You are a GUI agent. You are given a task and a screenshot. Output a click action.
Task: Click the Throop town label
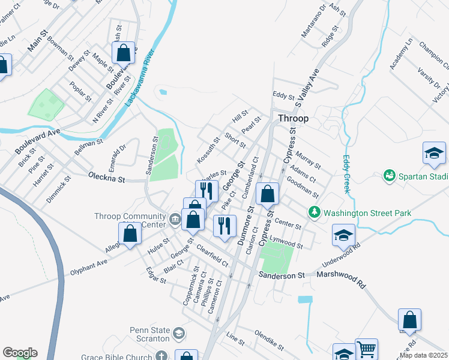[293, 118]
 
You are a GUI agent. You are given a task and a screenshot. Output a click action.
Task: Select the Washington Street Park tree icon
[313, 212]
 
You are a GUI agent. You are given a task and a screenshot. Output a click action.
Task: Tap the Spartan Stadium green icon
[390, 175]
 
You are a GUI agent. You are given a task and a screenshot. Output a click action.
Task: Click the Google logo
[19, 353]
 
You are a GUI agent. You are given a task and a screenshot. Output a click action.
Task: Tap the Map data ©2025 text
[423, 355]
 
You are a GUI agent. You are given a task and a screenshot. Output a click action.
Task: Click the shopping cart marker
[366, 349]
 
